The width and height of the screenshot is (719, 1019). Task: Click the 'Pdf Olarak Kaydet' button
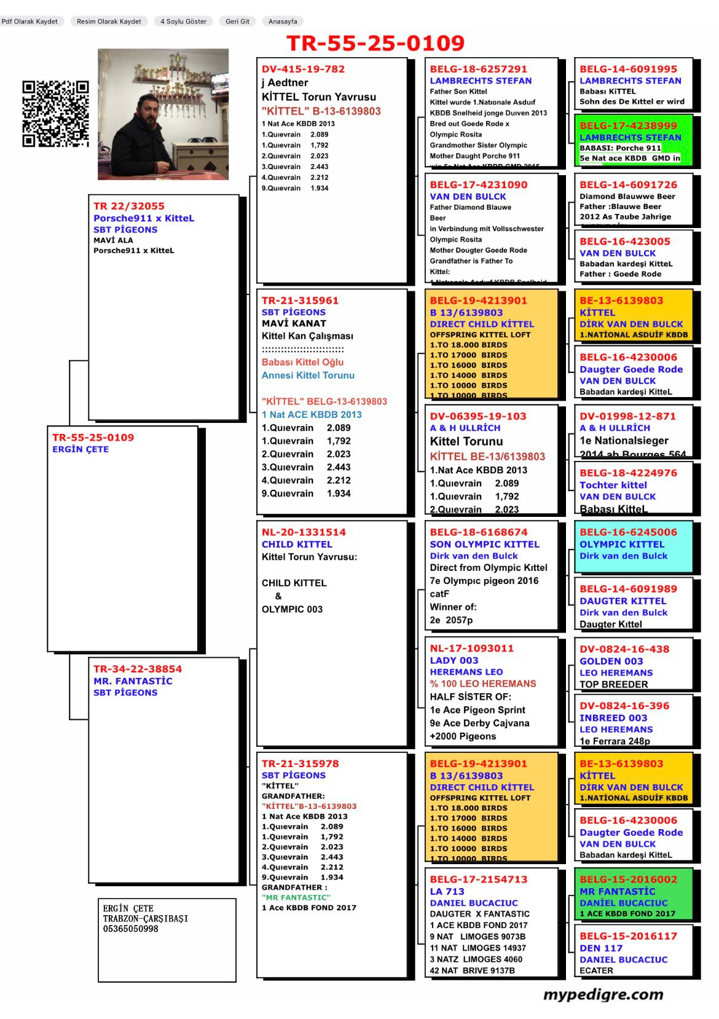click(29, 22)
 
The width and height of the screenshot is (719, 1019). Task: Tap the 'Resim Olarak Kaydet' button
click(109, 22)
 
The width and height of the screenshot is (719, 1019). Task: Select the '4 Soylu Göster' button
click(183, 22)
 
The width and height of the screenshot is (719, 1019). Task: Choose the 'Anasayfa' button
click(283, 22)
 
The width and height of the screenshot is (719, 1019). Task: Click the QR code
click(56, 114)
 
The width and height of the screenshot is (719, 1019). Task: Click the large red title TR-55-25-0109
click(375, 43)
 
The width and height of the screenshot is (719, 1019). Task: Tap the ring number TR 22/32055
click(129, 207)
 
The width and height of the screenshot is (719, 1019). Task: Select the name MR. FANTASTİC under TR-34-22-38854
click(133, 681)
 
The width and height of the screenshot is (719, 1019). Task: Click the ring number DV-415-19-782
click(303, 69)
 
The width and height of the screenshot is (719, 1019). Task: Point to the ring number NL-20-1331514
click(304, 532)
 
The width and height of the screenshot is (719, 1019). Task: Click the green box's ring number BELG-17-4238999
click(628, 125)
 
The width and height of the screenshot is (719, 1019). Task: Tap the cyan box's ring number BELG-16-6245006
click(628, 532)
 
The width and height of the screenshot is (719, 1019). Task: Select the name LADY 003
click(454, 660)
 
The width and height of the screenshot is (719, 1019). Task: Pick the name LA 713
click(447, 891)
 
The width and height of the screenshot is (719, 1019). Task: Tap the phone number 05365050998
click(130, 929)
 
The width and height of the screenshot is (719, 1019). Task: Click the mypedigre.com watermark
click(603, 994)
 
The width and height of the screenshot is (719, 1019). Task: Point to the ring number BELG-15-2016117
click(628, 936)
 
